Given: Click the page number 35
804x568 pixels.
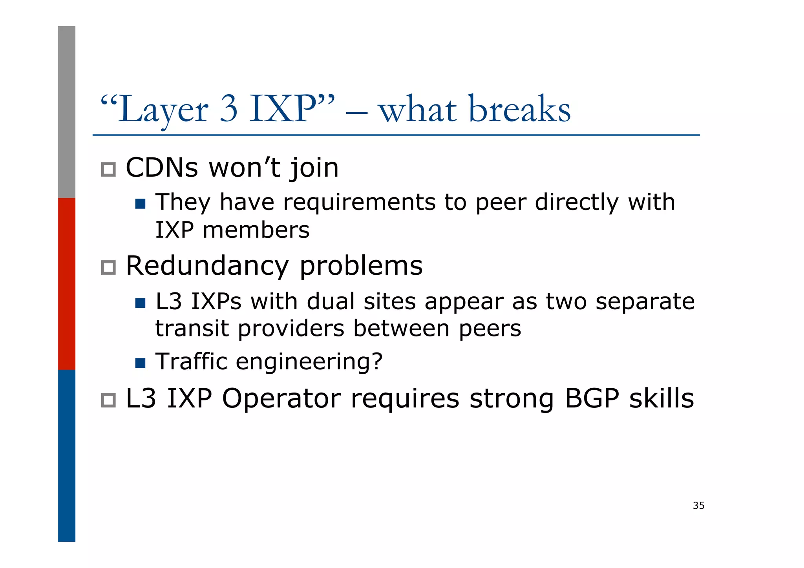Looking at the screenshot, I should point(698,506).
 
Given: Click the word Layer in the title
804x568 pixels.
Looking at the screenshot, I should point(163,110).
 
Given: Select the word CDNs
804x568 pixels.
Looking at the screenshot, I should point(162,168).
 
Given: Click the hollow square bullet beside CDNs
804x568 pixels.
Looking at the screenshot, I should point(108,170).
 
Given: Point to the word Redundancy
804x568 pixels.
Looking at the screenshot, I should point(207,266).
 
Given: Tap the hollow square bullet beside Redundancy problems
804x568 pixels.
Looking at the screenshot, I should point(108,268).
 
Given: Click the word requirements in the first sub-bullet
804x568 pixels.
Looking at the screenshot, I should point(359,203).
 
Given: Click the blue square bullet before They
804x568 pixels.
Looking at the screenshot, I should point(140,204).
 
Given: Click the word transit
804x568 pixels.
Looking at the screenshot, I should point(192,329).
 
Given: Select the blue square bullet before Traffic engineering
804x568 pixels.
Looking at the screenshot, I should point(140,363).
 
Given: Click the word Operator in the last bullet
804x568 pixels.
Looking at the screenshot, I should point(281,399).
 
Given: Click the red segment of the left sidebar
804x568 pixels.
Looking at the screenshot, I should point(67,284).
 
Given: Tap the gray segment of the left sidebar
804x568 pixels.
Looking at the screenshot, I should point(67,112).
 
